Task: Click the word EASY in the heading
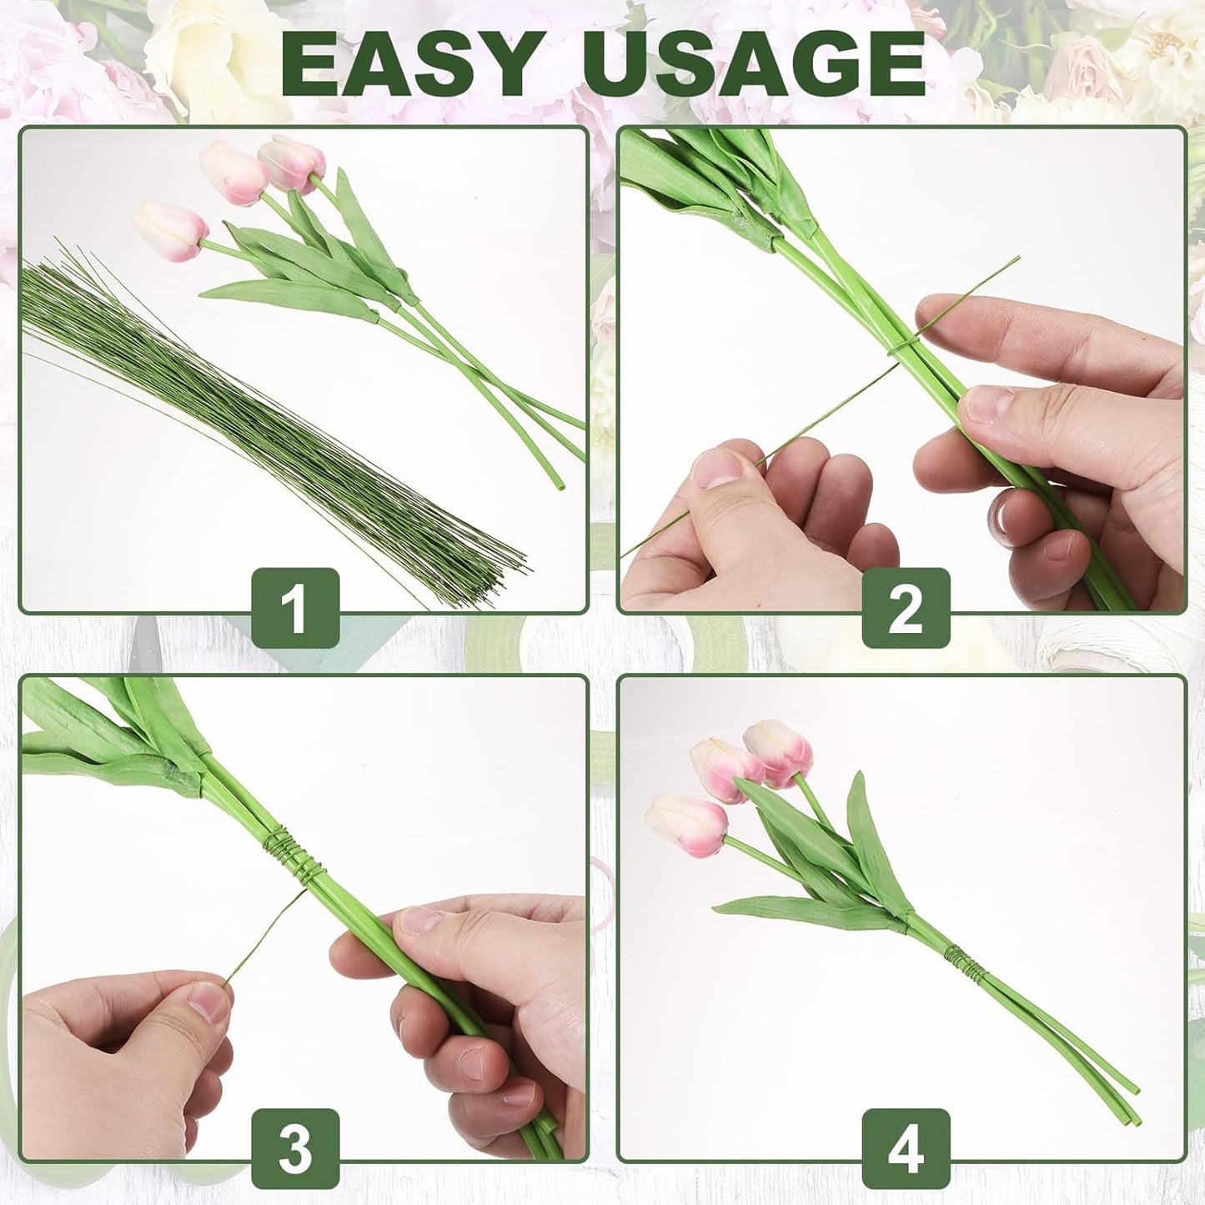pyautogui.click(x=409, y=65)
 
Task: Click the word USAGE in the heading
pyautogui.click(x=755, y=65)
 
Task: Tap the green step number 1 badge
pyautogui.click(x=295, y=608)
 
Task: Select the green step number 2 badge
pyautogui.click(x=906, y=608)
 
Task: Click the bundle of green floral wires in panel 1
pyautogui.click(x=250, y=417)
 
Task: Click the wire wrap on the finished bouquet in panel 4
pyautogui.click(x=961, y=960)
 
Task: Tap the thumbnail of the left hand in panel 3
pyautogui.click(x=206, y=1001)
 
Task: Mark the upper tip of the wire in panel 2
pyautogui.click(x=1017, y=259)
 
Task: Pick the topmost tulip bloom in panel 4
pyautogui.click(x=780, y=751)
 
